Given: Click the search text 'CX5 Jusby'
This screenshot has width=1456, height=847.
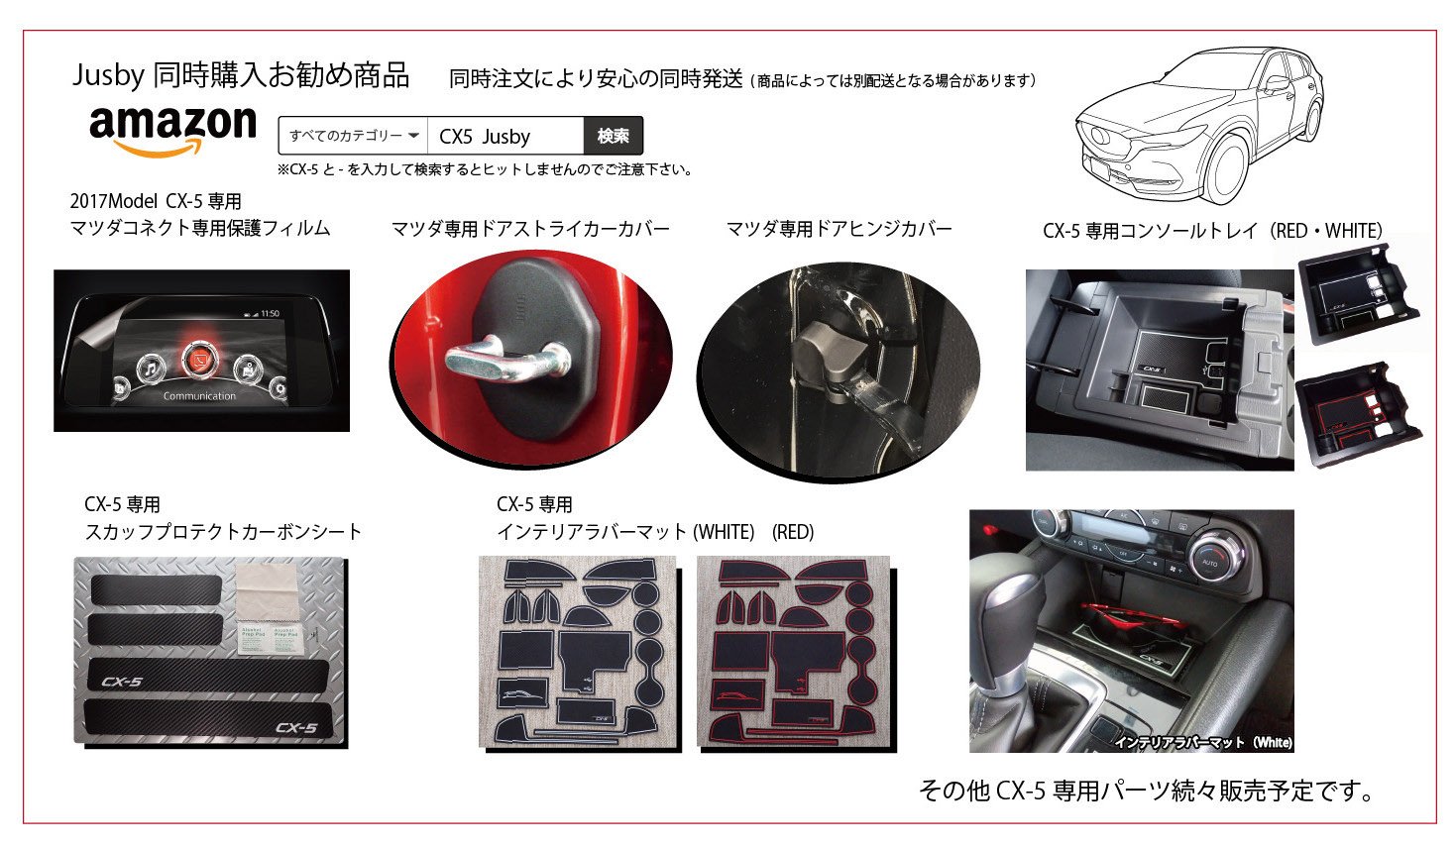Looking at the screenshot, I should [485, 137].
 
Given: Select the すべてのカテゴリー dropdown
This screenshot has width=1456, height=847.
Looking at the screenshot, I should [354, 136].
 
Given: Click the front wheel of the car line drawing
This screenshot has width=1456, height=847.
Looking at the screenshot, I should [1225, 168].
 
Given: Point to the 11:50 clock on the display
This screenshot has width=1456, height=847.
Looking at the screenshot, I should [268, 313].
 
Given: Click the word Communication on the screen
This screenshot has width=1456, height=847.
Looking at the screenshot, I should [199, 396].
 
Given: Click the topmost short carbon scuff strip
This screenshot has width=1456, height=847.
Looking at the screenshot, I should [157, 587].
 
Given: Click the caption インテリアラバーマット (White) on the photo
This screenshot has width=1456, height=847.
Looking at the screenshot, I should [1202, 742].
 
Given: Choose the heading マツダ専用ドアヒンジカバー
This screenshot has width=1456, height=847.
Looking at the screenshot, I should [839, 230].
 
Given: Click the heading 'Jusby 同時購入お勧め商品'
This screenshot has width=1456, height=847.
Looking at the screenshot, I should [241, 75].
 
